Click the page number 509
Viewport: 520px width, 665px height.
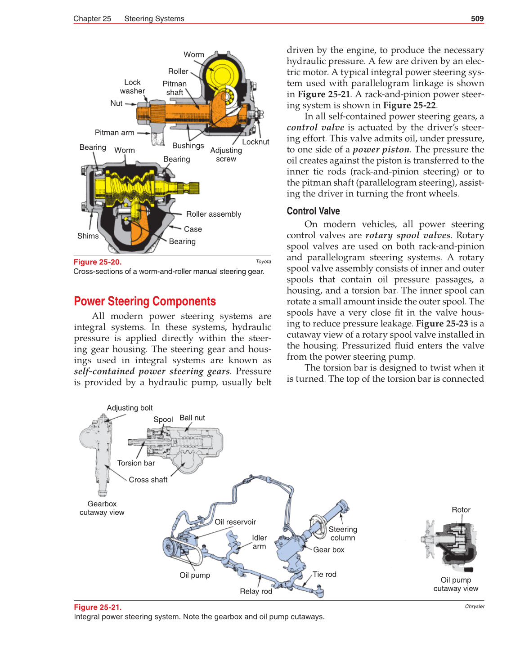pyautogui.click(x=477, y=18)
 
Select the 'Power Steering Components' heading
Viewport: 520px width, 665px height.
pyautogui.click(x=145, y=301)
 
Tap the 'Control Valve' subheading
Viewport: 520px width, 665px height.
pyautogui.click(x=313, y=211)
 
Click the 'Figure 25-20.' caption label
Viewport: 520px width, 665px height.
pyautogui.click(x=98, y=262)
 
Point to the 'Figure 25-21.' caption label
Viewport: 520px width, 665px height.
pyautogui.click(x=98, y=607)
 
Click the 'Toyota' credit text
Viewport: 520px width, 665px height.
pyautogui.click(x=263, y=262)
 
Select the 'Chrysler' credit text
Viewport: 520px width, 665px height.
pyautogui.click(x=475, y=607)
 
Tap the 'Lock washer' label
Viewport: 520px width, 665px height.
pyautogui.click(x=132, y=87)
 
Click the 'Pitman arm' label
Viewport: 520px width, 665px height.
pyautogui.click(x=114, y=133)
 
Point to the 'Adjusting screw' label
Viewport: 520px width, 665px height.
pyautogui.click(x=226, y=155)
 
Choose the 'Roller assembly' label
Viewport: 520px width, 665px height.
pyautogui.click(x=214, y=214)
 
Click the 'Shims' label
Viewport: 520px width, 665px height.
pyautogui.click(x=88, y=236)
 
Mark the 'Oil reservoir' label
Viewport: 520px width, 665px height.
pyautogui.click(x=235, y=522)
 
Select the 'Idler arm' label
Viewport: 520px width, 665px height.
pyautogui.click(x=259, y=542)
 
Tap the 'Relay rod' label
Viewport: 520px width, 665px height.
pyautogui.click(x=256, y=591)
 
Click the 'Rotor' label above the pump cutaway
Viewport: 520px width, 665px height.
pyautogui.click(x=461, y=510)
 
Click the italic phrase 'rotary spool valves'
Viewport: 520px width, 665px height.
pyautogui.click(x=408, y=235)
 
